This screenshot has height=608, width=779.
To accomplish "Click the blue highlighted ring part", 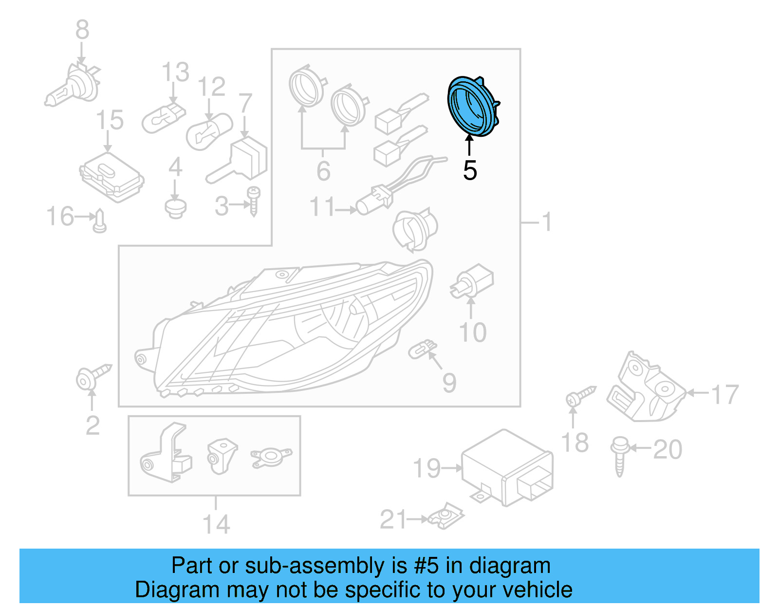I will point(472,106).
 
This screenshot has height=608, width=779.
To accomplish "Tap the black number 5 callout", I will point(470,170).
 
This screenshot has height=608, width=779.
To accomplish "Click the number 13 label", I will point(175,73).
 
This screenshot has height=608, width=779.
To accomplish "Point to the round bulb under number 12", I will point(208,132).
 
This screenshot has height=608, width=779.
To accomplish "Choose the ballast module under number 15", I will point(111,176).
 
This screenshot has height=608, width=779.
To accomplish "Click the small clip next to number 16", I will point(100,221).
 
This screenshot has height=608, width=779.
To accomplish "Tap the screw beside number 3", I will point(254,200).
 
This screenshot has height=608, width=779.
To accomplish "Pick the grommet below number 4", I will point(175,208).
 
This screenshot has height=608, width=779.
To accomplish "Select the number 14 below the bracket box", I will point(216,524).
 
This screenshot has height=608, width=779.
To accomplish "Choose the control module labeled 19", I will point(506,467).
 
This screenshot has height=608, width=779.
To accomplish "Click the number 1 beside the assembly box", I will point(547,222).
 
